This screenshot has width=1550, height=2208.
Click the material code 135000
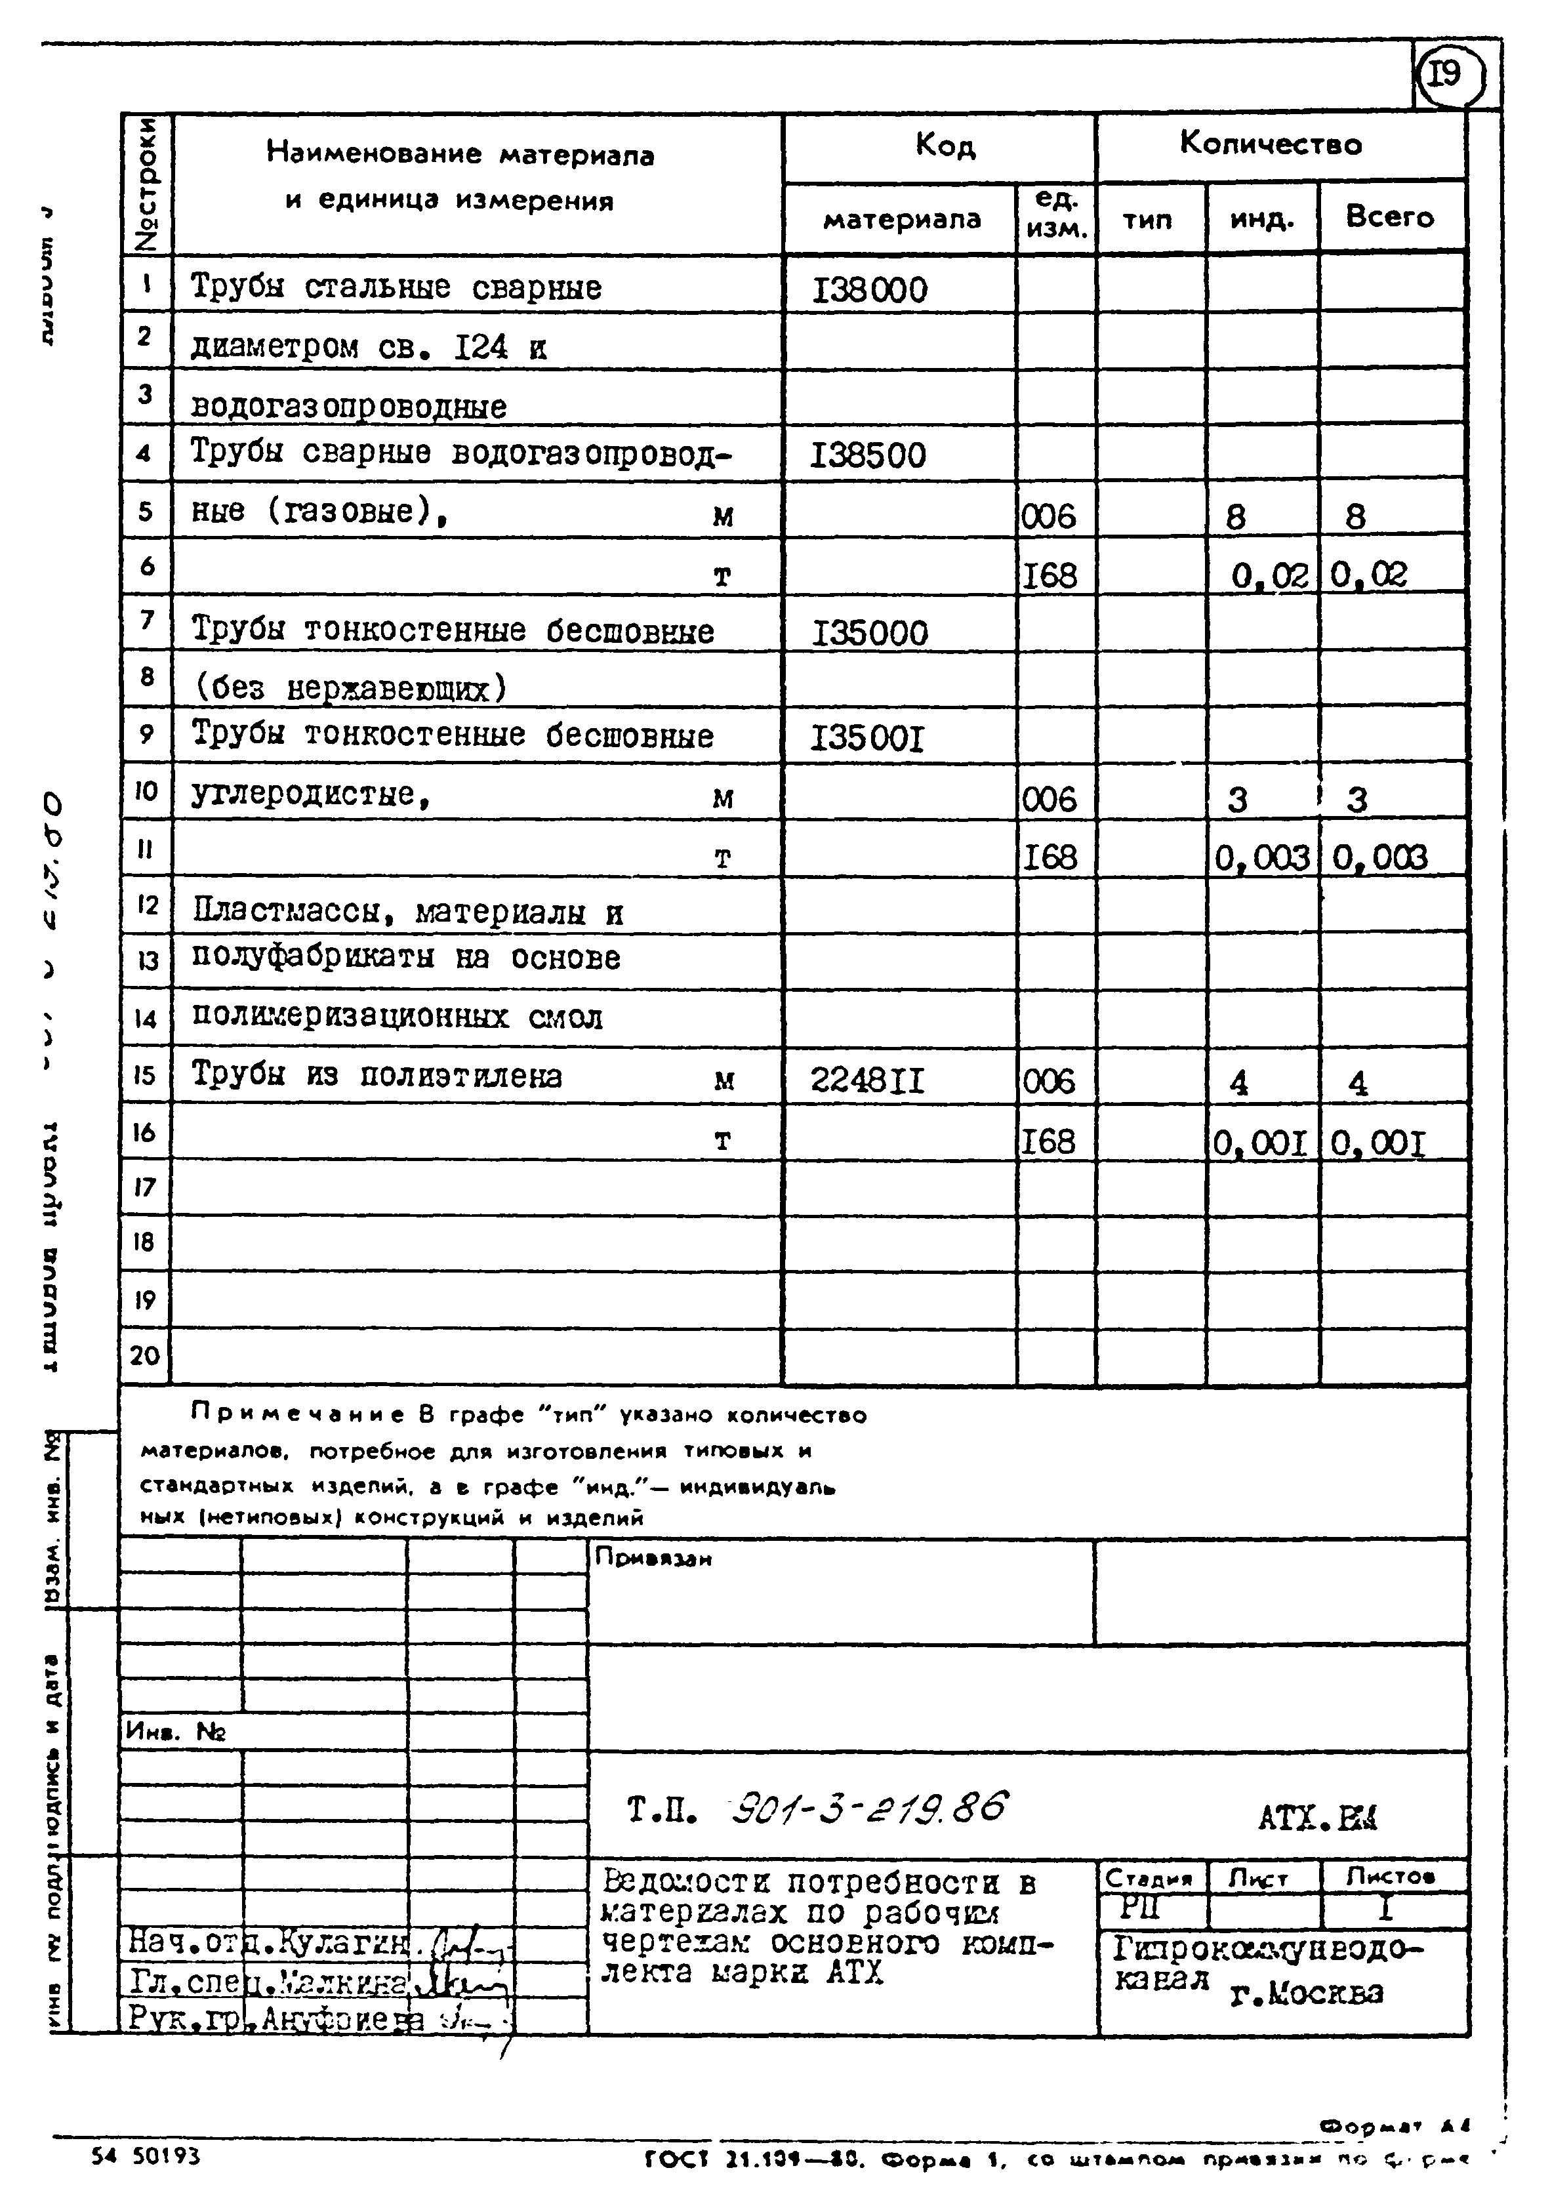pyautogui.click(x=870, y=633)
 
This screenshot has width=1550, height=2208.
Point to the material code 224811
pyautogui.click(x=867, y=1081)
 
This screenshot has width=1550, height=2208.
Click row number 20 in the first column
pyautogui.click(x=145, y=1355)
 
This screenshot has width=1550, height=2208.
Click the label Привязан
pyautogui.click(x=654, y=1558)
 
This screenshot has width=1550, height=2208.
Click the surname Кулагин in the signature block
pyautogui.click(x=327, y=1942)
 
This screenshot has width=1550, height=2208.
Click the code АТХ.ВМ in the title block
pyautogui.click(x=1317, y=1818)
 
